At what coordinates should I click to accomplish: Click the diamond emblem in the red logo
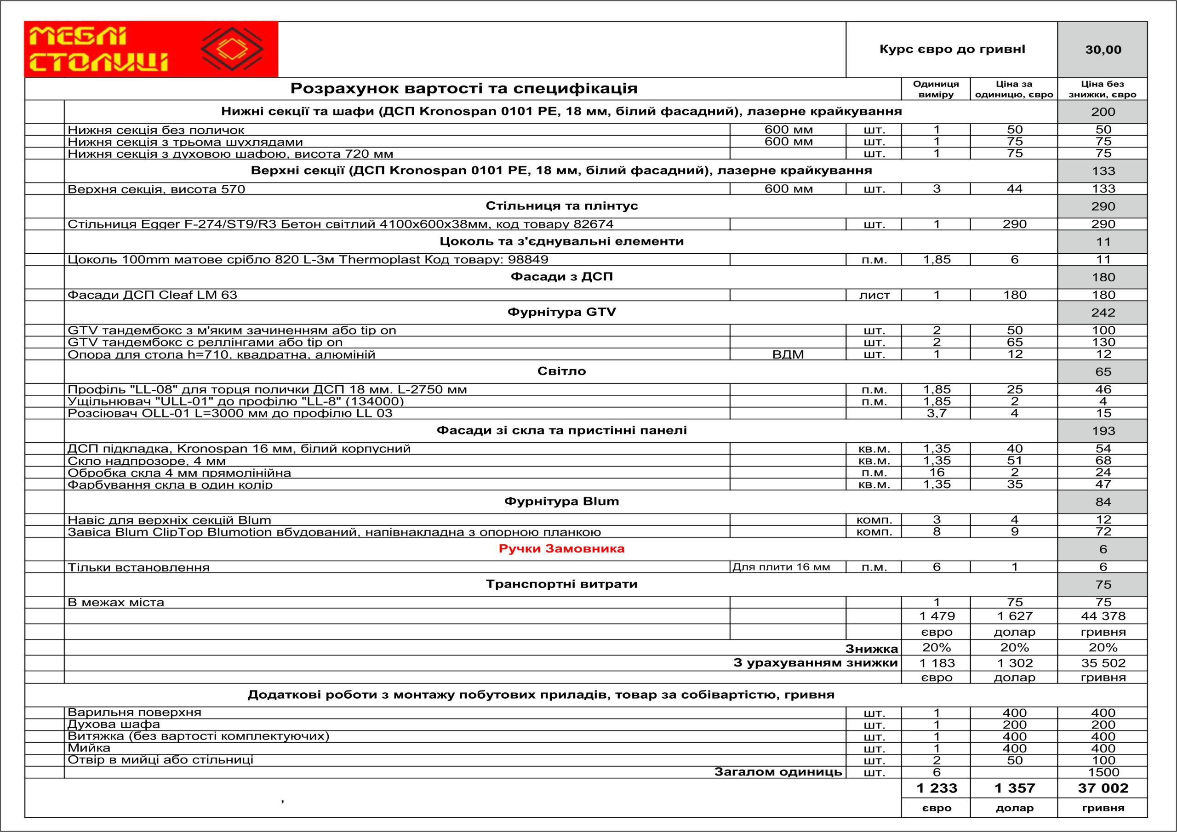pyautogui.click(x=232, y=49)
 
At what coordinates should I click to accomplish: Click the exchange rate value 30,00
pyautogui.click(x=1103, y=50)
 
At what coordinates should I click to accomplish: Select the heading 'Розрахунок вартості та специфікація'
pyautogui.click(x=464, y=89)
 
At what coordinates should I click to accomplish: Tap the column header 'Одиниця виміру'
pyautogui.click(x=936, y=89)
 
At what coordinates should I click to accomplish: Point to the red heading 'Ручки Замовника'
pyautogui.click(x=561, y=548)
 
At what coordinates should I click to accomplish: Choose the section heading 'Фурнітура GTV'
pyautogui.click(x=561, y=312)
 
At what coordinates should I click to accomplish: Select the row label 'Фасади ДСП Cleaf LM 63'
pyautogui.click(x=152, y=295)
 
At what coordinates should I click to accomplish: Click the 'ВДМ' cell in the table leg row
pyautogui.click(x=788, y=354)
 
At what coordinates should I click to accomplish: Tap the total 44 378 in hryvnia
pyautogui.click(x=1103, y=615)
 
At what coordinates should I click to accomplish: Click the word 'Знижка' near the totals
pyautogui.click(x=871, y=649)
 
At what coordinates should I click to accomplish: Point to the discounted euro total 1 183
pyautogui.click(x=937, y=663)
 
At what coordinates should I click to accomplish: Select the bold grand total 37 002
pyautogui.click(x=1103, y=788)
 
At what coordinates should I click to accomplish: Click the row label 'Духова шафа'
pyautogui.click(x=114, y=724)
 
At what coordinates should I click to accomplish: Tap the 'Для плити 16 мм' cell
pyautogui.click(x=781, y=567)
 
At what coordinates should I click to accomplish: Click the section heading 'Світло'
pyautogui.click(x=561, y=371)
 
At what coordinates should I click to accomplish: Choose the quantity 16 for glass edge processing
pyautogui.click(x=937, y=472)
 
